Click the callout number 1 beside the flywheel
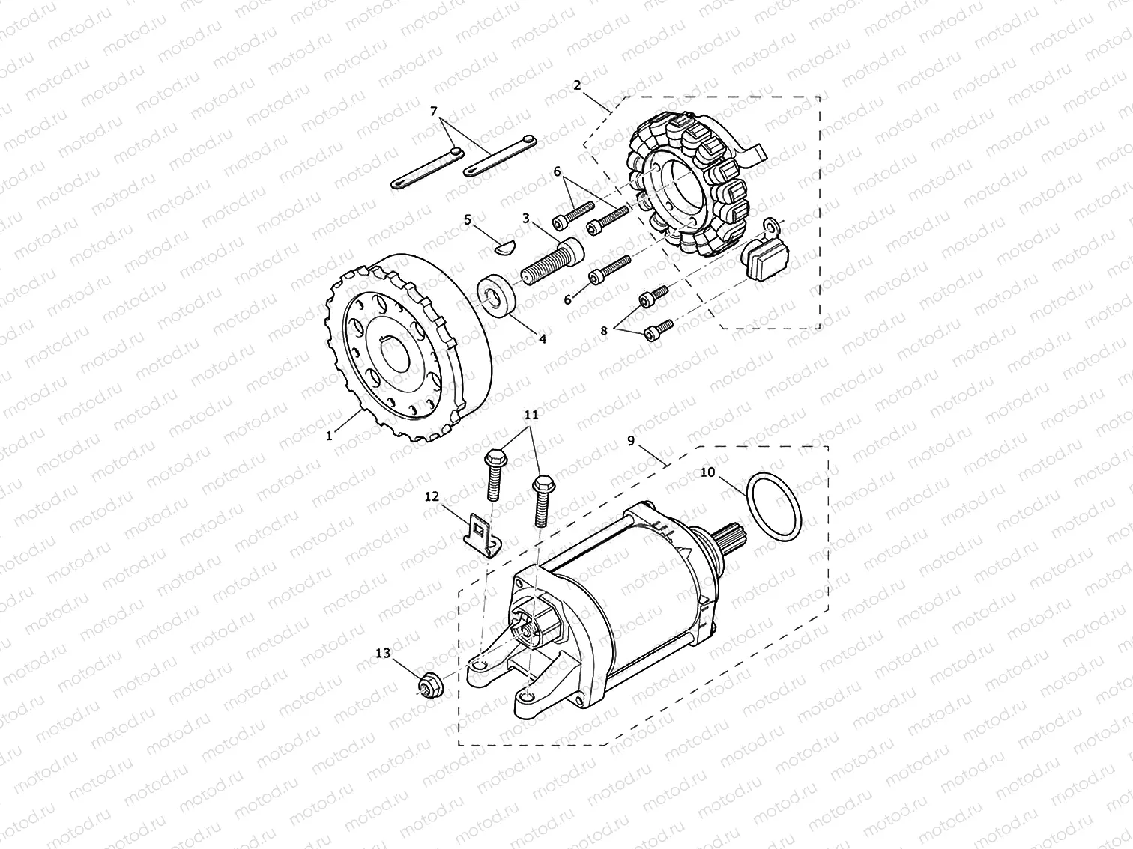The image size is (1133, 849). pos(329,436)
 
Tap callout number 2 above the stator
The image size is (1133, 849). pos(577,85)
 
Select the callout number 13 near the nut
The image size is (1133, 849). pos(383,654)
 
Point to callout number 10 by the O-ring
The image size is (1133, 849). pos(707,472)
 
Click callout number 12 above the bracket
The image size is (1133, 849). pos(432,496)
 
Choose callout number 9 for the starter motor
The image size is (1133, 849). pos(631,441)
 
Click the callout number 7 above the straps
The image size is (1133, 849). pos(434,111)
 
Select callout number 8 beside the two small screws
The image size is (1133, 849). pos(604,330)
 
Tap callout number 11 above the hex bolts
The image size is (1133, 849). pos(532,415)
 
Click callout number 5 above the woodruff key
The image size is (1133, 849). pos(468,220)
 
